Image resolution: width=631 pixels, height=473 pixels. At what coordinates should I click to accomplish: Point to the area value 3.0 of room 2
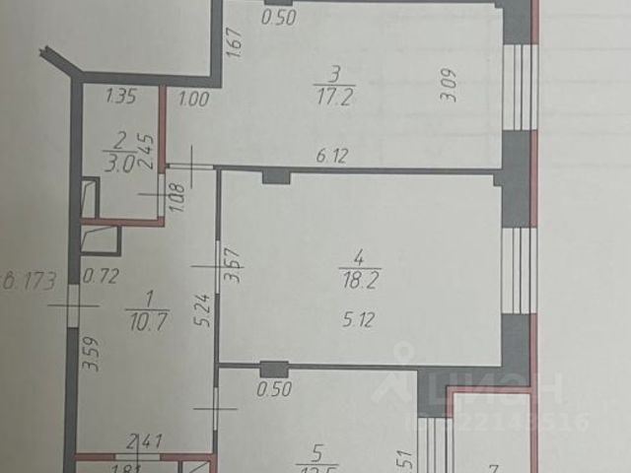[116, 165]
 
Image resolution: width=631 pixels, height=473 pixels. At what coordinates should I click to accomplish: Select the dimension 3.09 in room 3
[448, 96]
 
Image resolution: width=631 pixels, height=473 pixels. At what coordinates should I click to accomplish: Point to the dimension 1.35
[120, 97]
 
